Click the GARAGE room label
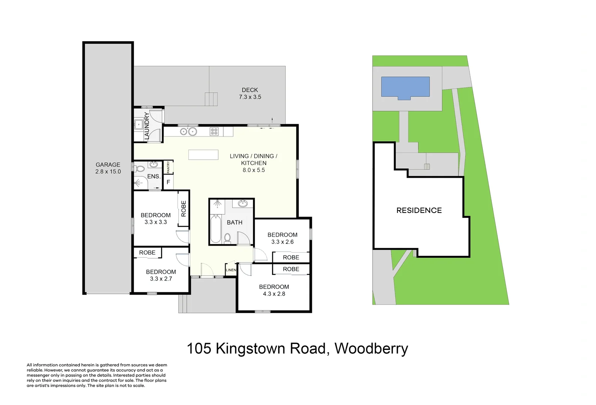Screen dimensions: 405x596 tap(108, 165)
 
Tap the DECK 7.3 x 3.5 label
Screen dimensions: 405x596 tap(250, 93)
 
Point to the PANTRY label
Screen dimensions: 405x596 tap(169, 167)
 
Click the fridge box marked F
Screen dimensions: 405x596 tap(168, 182)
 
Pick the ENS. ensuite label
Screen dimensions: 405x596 tap(154, 176)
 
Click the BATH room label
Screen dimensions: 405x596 tap(235, 222)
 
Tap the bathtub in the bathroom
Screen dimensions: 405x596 tap(215, 229)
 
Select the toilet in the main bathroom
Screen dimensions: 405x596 tap(227, 238)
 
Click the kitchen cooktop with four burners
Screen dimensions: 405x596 tap(214, 131)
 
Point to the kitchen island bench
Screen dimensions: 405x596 tap(203, 154)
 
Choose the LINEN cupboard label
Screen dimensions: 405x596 tap(231, 270)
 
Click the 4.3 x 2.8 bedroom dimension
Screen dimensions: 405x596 tap(274, 294)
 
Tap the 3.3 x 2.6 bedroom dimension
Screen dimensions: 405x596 tap(282, 242)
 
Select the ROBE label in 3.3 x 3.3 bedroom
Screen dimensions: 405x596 tap(184, 208)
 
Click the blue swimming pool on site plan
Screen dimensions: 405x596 tap(405, 87)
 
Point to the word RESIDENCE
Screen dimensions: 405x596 tap(419, 210)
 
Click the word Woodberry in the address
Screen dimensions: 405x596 tap(371, 348)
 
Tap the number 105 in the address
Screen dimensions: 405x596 tap(199, 348)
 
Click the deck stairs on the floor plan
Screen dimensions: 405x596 tap(211, 99)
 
